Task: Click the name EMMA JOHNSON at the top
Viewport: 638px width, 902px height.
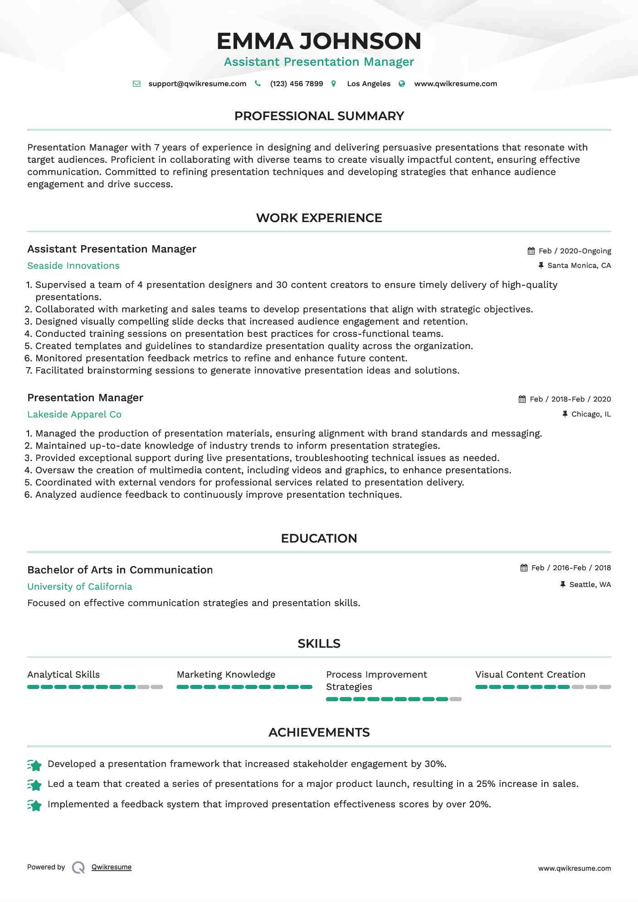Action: [319, 41]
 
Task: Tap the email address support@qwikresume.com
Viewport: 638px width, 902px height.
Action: [197, 84]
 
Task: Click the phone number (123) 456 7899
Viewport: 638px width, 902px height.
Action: [297, 84]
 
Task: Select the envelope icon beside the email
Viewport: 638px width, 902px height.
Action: [136, 84]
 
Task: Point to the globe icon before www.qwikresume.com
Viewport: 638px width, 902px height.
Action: [402, 84]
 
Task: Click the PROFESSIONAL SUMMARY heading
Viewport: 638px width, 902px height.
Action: [319, 116]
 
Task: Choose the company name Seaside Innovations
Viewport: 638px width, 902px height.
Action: [73, 266]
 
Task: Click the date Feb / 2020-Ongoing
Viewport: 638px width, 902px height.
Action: [575, 251]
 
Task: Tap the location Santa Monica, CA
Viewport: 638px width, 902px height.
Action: [579, 266]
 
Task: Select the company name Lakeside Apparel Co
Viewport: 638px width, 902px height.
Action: [74, 415]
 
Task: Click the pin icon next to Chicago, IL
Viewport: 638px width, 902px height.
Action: [565, 414]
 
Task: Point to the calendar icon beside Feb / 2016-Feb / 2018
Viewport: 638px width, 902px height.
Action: [524, 568]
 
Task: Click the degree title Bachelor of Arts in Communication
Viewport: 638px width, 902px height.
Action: [120, 570]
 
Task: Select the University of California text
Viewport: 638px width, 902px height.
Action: [80, 587]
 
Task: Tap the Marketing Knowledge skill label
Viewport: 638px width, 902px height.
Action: [226, 674]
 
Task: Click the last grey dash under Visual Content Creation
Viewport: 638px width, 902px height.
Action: [605, 687]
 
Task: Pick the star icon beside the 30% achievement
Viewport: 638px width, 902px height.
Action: [34, 766]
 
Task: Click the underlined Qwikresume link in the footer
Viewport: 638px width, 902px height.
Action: [112, 867]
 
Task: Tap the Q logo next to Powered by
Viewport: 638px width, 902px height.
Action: [78, 868]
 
